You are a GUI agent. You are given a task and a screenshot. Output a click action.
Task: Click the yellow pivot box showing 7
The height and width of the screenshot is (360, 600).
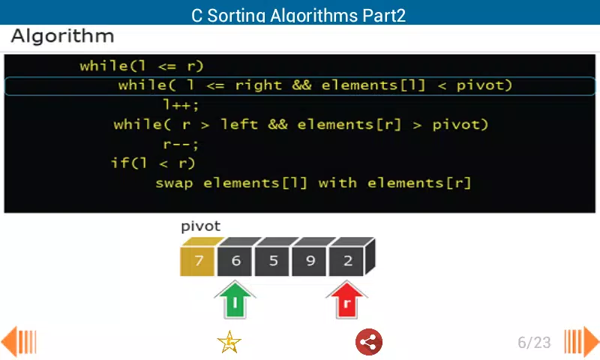coord(197,261)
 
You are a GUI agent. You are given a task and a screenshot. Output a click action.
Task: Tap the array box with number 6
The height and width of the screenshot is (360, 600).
coord(235,261)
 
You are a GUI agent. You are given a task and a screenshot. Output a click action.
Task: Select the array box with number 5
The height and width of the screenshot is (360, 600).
coord(272,261)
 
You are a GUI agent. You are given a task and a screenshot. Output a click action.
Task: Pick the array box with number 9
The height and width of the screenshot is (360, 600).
coord(309,261)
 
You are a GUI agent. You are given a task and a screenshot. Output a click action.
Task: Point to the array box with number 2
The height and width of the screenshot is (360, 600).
coord(346,261)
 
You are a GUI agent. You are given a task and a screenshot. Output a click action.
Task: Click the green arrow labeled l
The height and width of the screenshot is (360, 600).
coord(235,300)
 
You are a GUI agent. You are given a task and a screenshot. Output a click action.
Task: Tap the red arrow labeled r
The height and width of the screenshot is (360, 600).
coord(346,300)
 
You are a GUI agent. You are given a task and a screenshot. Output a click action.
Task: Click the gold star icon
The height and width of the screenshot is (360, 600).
coord(229,342)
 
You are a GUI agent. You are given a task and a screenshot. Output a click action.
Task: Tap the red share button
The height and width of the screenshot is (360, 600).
coord(369,342)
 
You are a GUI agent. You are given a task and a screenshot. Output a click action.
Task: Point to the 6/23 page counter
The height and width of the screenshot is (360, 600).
coord(534,343)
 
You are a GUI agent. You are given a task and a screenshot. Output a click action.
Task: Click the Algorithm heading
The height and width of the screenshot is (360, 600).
coord(63,36)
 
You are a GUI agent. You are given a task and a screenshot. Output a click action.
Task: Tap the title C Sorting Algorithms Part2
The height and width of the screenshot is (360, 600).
coord(298,16)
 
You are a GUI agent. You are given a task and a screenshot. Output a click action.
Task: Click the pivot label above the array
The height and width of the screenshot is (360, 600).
coord(201,226)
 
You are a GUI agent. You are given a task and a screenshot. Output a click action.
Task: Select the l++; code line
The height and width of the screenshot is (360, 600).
coord(181,104)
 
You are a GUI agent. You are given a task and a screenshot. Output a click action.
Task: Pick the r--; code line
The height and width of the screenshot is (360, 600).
coord(181,145)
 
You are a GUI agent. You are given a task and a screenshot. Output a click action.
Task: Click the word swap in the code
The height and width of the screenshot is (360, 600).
coord(174,183)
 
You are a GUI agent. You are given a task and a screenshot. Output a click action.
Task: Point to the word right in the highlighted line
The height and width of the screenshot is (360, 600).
coord(259,85)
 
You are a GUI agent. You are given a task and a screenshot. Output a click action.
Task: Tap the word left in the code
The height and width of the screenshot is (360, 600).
coord(239,124)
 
